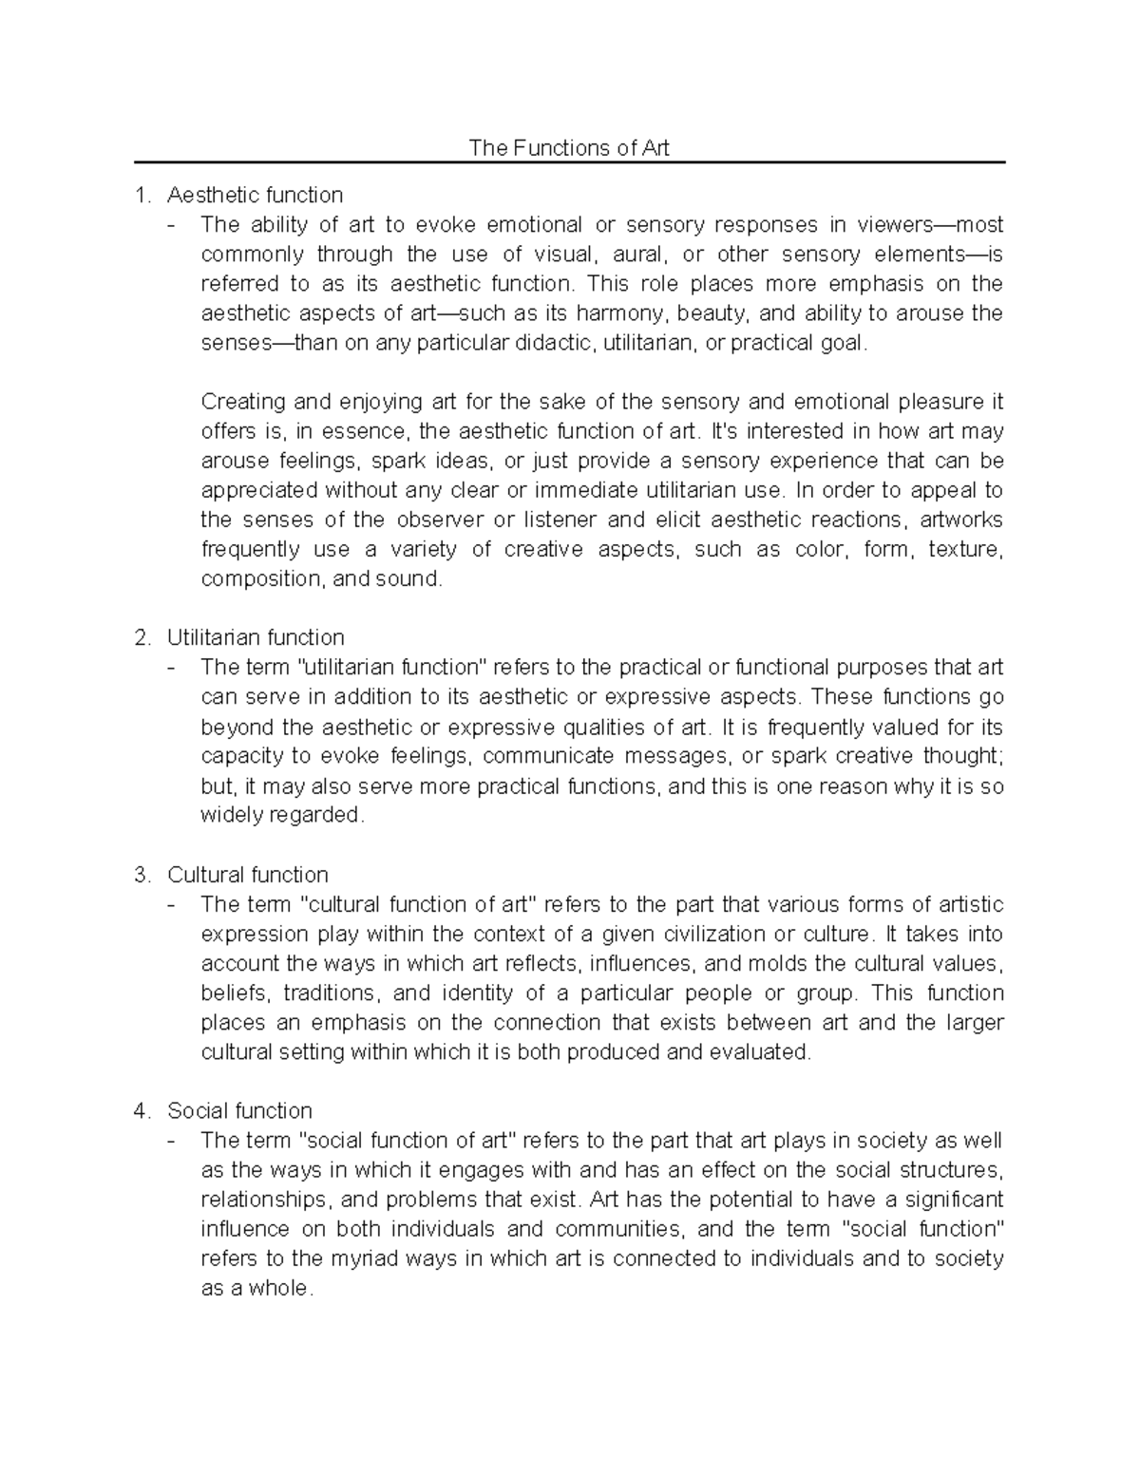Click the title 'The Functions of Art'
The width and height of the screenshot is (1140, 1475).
tap(569, 148)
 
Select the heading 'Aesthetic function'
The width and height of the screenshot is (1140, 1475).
tap(255, 196)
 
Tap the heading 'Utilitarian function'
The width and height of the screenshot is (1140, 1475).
tap(256, 637)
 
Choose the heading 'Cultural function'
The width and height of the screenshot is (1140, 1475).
tap(247, 875)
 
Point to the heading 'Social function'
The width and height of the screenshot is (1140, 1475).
tap(239, 1111)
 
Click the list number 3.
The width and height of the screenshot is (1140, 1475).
tap(142, 875)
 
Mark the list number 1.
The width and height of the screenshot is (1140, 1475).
tap(142, 196)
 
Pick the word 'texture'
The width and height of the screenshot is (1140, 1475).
tap(965, 550)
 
